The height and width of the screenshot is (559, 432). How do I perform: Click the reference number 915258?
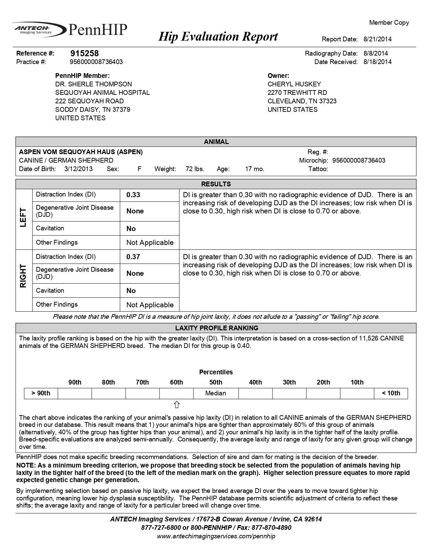84,53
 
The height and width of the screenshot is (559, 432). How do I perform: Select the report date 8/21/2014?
377,39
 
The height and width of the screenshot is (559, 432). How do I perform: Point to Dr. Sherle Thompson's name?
94,84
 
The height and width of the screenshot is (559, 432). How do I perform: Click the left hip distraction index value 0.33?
133,195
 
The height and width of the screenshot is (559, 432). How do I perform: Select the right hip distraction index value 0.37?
133,257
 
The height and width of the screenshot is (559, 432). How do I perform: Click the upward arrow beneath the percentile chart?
177,405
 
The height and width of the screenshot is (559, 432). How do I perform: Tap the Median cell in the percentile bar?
215,393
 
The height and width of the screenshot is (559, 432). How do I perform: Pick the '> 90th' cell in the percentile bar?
41,393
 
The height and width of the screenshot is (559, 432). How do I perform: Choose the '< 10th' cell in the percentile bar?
391,393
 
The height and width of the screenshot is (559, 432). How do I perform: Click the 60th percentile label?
177,382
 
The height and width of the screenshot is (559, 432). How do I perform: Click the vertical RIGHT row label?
23,276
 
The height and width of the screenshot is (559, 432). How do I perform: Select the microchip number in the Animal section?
359,160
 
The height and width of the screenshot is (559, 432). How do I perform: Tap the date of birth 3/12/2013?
78,169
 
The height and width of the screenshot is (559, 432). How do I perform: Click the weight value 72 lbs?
195,169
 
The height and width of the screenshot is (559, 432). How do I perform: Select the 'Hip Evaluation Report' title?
218,36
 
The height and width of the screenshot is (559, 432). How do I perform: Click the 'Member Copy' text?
389,23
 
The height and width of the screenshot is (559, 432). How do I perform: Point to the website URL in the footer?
216,536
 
